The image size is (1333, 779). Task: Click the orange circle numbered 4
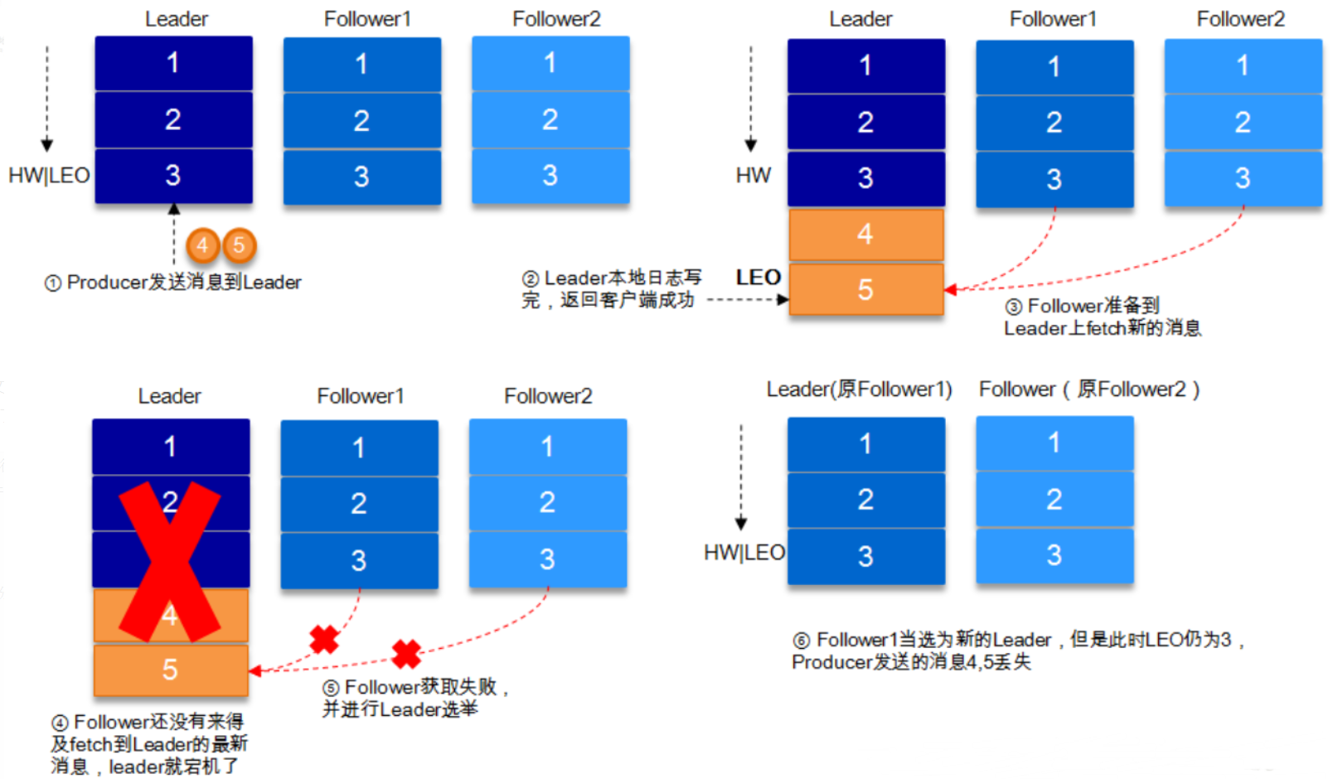coord(202,245)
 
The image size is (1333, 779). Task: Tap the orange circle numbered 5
coord(239,245)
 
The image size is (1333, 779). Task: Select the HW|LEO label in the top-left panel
coord(49,176)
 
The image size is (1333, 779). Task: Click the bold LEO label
coord(758,278)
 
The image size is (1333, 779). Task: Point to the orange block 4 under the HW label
coord(865,235)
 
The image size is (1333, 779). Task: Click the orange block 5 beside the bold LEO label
coord(865,289)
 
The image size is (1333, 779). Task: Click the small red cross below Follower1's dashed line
coord(324,639)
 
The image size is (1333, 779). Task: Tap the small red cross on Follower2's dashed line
coord(406,654)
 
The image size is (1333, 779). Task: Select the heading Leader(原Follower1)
coord(859,389)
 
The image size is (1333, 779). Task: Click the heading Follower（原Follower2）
coord(1089,389)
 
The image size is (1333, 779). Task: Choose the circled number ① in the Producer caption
coord(52,283)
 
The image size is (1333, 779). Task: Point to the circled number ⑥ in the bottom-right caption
coord(801,641)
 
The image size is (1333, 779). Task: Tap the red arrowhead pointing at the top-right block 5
coord(951,289)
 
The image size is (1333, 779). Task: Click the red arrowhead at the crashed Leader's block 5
coord(255,670)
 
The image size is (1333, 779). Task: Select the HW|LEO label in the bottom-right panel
coord(744,553)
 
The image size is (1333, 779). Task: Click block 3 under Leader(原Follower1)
coord(865,556)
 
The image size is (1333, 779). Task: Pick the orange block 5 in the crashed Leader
coord(170,670)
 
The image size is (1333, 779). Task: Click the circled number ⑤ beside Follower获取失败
coord(331,688)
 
